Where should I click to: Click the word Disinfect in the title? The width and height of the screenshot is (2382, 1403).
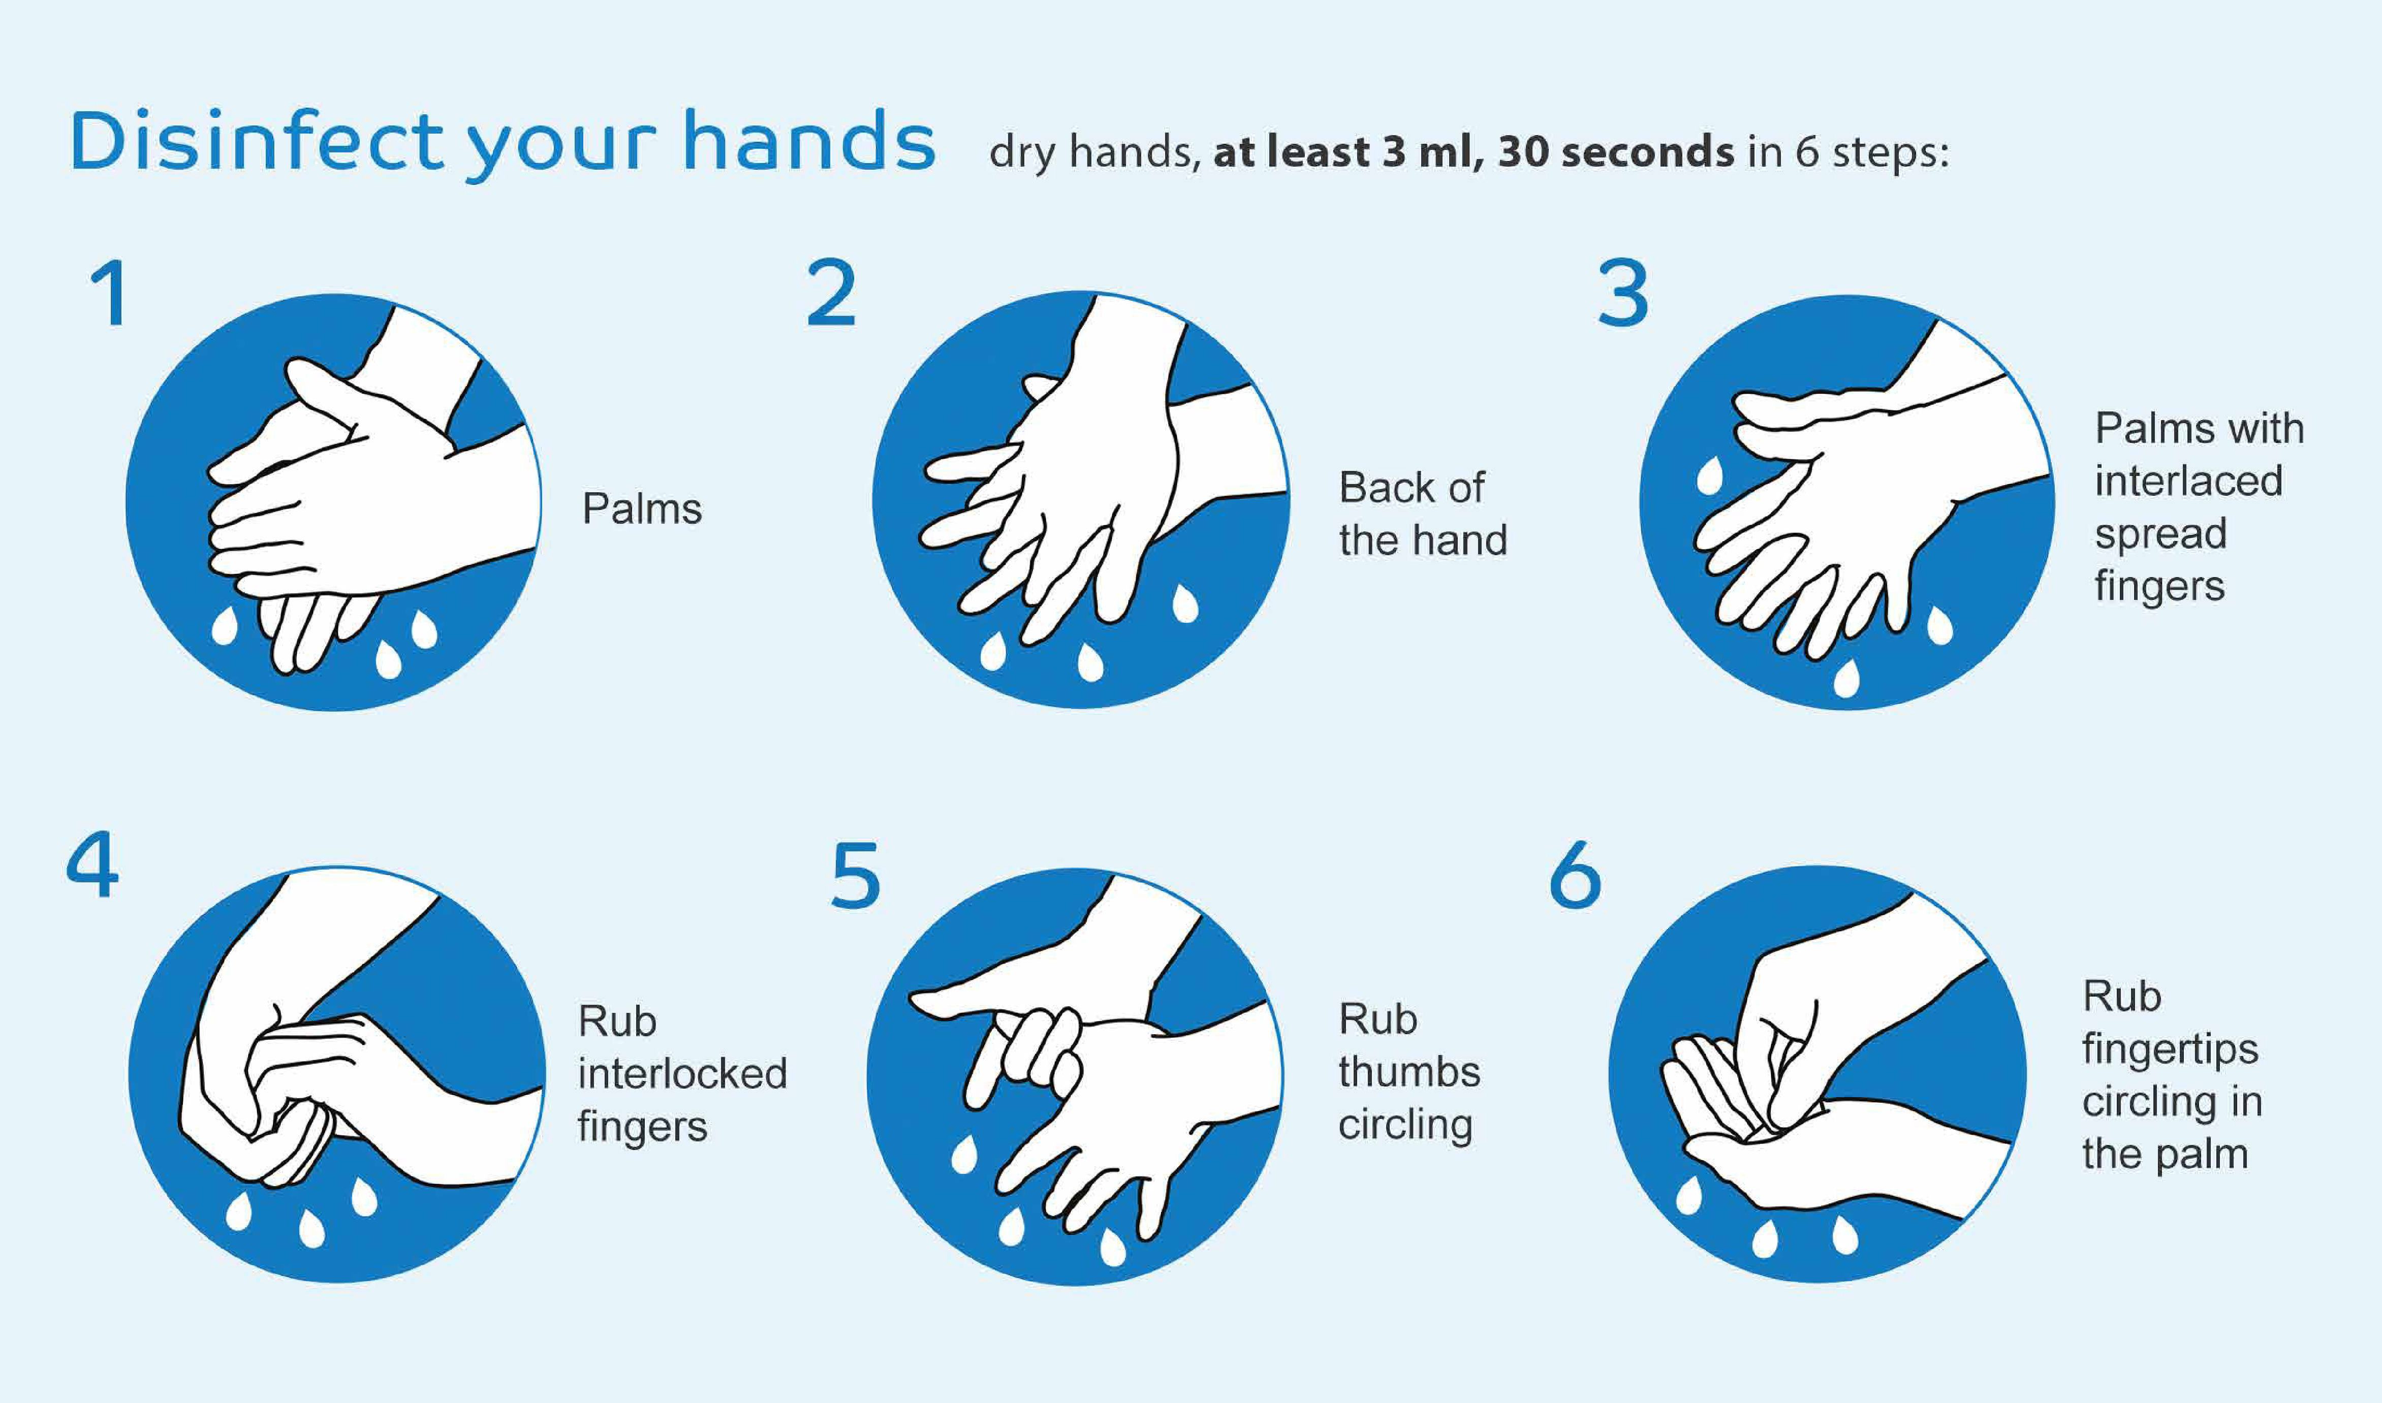[256, 142]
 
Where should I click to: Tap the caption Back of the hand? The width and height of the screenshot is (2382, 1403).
[1423, 514]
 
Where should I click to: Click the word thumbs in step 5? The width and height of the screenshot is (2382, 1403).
[1409, 1071]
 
